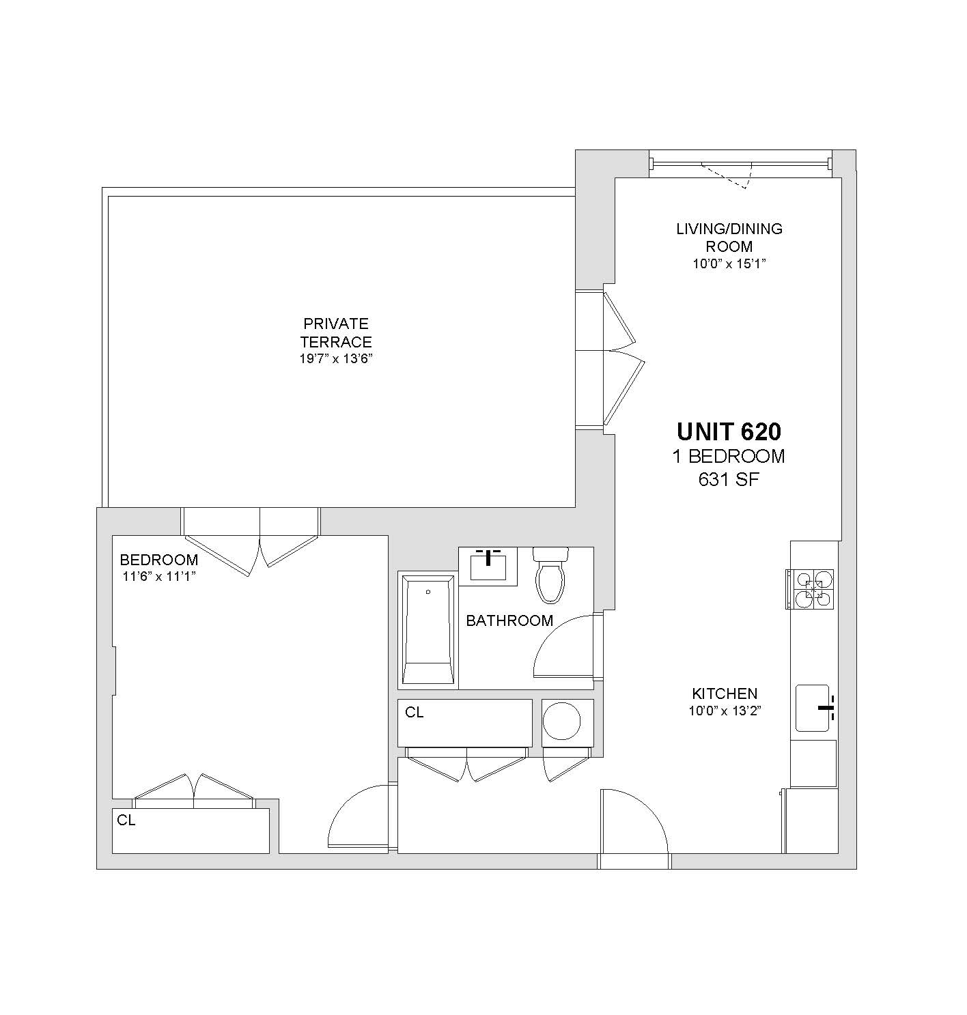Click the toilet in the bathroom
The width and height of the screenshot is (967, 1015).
tap(550, 575)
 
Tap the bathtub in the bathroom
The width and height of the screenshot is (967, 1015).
tap(428, 630)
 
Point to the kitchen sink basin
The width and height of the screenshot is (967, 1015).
tap(812, 709)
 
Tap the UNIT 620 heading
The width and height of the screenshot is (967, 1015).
tap(729, 431)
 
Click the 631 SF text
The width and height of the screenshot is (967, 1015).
tap(729, 480)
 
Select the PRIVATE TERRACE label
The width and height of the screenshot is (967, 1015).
tap(336, 333)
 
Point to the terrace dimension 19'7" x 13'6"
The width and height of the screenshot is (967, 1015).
tap(336, 359)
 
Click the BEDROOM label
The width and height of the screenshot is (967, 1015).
tap(159, 560)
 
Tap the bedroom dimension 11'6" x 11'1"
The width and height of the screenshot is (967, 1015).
tap(159, 577)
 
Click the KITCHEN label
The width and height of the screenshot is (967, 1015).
tap(725, 694)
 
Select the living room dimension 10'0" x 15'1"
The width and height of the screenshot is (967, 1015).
tap(729, 263)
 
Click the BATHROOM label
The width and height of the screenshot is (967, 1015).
tap(509, 620)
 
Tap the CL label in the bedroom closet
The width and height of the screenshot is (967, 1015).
tap(126, 820)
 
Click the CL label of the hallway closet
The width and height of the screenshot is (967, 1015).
tap(415, 713)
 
